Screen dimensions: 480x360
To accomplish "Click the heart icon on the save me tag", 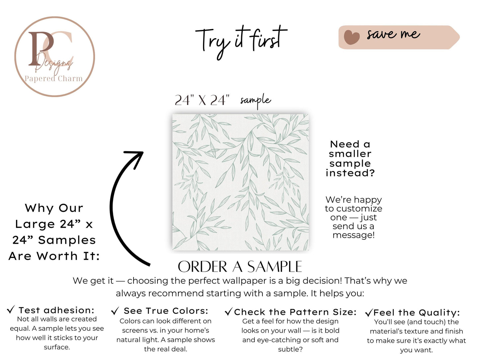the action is (351, 37).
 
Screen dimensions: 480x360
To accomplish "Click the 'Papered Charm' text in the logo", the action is (53, 78).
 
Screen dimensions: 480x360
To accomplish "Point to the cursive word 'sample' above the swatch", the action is (256, 101).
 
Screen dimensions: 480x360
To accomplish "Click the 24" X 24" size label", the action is (202, 100).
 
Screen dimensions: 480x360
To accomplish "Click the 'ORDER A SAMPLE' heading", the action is (240, 266).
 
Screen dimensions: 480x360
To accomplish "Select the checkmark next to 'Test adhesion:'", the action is (11, 310).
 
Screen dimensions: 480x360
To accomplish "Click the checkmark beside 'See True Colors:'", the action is (115, 311).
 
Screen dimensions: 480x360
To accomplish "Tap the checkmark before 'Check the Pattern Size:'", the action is (229, 312).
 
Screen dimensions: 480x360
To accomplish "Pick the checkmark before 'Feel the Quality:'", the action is (369, 313).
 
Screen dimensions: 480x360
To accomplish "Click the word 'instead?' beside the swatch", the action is (350, 173).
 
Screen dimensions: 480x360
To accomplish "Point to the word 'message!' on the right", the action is (353, 235).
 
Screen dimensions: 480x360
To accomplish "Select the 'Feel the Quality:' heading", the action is (417, 313).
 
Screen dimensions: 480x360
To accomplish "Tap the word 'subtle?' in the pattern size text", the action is (290, 349).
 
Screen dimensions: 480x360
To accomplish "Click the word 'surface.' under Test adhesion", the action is (57, 347).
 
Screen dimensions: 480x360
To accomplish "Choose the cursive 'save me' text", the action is (393, 35).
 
